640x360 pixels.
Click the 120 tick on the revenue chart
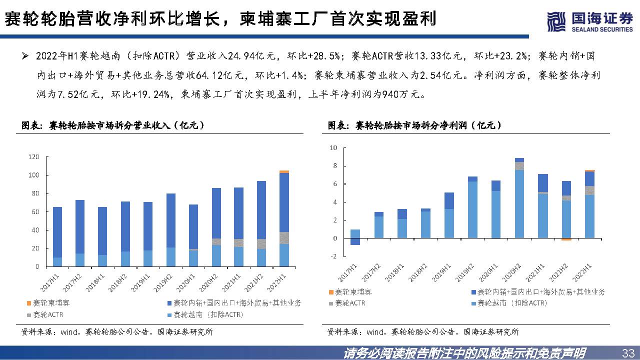coord(34,157)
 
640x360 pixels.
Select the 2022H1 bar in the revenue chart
coord(284,220)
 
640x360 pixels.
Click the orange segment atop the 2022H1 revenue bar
coord(284,171)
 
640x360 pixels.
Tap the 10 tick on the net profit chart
coord(333,148)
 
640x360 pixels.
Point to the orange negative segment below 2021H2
coord(566,239)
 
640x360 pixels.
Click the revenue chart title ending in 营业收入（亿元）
coord(112,125)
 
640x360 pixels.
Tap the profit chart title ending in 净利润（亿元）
coord(414,125)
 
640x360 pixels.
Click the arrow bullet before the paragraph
coord(24,55)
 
